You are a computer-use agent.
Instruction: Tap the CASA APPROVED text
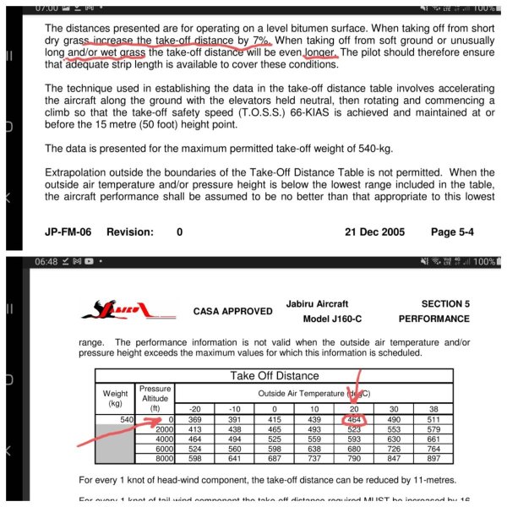point(233,311)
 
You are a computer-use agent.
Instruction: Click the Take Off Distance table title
point(276,376)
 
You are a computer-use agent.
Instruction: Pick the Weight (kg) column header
point(117,398)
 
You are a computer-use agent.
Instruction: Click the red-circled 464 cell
point(355,419)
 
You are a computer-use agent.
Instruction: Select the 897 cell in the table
point(434,458)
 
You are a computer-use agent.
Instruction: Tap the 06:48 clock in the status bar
point(49,262)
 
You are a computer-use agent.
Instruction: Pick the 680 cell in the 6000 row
point(355,449)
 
